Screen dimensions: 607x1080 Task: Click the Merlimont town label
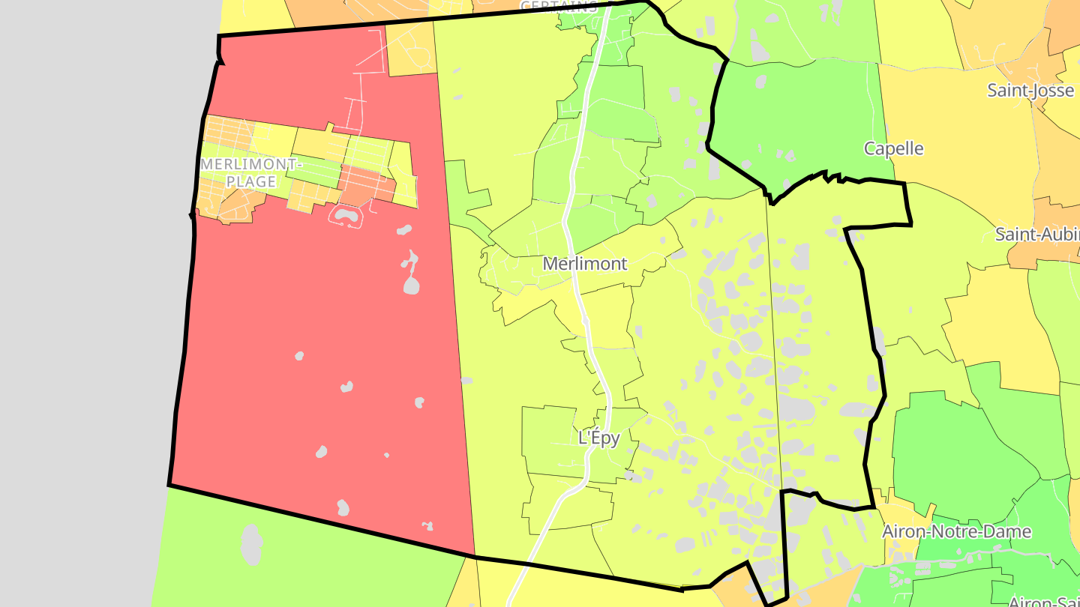click(x=584, y=264)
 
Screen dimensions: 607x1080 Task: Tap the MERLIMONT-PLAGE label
click(x=250, y=172)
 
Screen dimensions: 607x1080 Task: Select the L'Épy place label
click(x=599, y=438)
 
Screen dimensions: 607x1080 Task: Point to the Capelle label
click(x=893, y=148)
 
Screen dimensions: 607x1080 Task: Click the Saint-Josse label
click(x=1030, y=91)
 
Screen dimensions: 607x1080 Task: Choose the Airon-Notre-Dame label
click(x=956, y=532)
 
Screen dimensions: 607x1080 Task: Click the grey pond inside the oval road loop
click(x=346, y=216)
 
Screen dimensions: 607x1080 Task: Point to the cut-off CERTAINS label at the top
click(x=559, y=6)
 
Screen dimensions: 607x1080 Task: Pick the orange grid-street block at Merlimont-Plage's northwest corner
click(x=228, y=132)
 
